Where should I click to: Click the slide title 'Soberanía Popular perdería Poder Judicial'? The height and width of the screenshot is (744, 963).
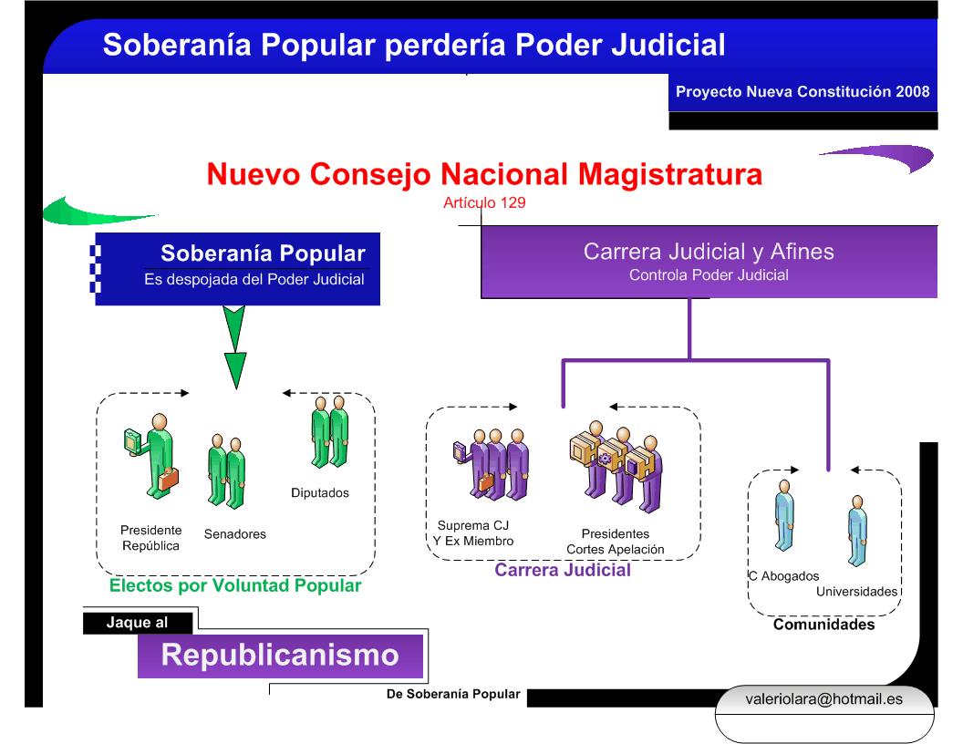(x=414, y=45)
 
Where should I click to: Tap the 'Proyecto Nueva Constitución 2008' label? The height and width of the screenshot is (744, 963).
(x=802, y=92)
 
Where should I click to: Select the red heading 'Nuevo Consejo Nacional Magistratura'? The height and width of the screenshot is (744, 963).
(x=484, y=174)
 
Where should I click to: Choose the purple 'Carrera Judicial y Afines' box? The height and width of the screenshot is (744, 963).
(x=709, y=261)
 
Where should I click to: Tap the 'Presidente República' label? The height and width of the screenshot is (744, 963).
(x=150, y=538)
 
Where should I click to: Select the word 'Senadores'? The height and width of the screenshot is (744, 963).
(x=234, y=534)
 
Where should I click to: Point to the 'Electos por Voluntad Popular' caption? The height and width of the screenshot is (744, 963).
(x=235, y=586)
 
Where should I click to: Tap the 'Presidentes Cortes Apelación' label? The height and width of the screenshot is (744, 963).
(x=615, y=542)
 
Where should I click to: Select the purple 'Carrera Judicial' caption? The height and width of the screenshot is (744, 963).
(x=563, y=572)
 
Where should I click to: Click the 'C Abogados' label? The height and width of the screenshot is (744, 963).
(x=782, y=576)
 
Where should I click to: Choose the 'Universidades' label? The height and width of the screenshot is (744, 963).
(x=856, y=592)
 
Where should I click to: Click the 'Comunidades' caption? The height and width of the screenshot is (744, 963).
(x=823, y=625)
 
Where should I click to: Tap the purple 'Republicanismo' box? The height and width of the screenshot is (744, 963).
(x=281, y=655)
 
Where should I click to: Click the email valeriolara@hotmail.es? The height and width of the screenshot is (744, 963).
(x=823, y=699)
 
